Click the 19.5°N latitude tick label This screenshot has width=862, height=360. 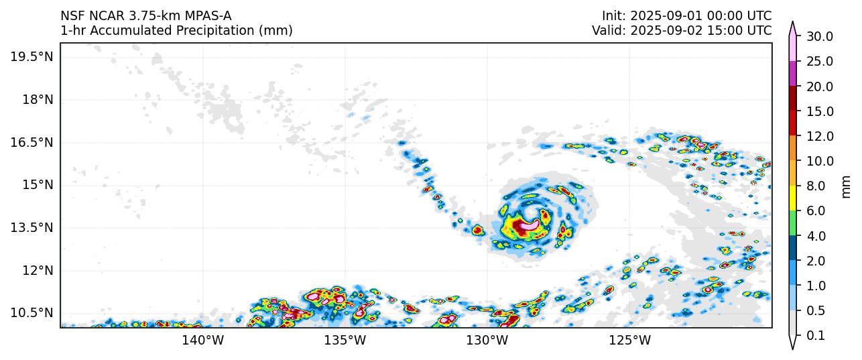32,56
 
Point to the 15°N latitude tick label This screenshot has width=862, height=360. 36,184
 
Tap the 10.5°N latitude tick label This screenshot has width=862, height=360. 32,312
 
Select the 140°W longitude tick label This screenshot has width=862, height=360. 203,340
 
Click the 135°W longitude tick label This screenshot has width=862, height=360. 345,340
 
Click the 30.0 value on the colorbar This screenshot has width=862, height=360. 819,36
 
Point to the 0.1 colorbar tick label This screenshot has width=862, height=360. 816,336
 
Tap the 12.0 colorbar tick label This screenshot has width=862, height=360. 819,136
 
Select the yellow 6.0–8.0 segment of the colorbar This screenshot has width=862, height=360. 793,198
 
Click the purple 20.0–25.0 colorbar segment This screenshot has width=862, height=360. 793,74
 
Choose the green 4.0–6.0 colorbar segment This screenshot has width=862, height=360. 793,223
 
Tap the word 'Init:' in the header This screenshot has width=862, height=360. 613,15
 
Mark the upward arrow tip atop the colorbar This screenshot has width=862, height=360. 793,23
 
